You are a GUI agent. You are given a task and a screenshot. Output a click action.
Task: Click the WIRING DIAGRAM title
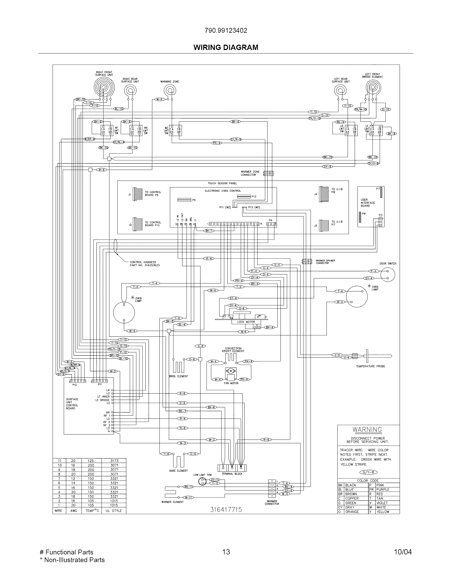click(226, 47)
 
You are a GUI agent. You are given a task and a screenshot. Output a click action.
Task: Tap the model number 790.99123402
click(226, 31)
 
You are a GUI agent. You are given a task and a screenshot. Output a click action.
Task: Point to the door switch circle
click(387, 275)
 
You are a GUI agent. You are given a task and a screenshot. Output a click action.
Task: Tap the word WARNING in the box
click(367, 430)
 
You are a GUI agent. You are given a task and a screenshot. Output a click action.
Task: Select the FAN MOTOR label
click(231, 383)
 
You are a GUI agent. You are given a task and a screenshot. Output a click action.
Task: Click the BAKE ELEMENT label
click(178, 471)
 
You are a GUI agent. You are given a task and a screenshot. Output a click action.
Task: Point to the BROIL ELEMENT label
click(178, 376)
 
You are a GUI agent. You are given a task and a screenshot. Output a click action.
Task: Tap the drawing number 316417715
click(226, 509)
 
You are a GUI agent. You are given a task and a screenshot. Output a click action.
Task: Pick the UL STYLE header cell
click(114, 511)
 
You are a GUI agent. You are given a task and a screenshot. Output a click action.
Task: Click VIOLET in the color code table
click(382, 503)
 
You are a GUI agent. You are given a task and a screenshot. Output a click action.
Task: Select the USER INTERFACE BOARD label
click(367, 203)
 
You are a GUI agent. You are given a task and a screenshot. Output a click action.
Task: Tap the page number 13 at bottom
click(226, 552)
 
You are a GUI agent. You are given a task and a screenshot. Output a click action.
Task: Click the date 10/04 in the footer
click(403, 552)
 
